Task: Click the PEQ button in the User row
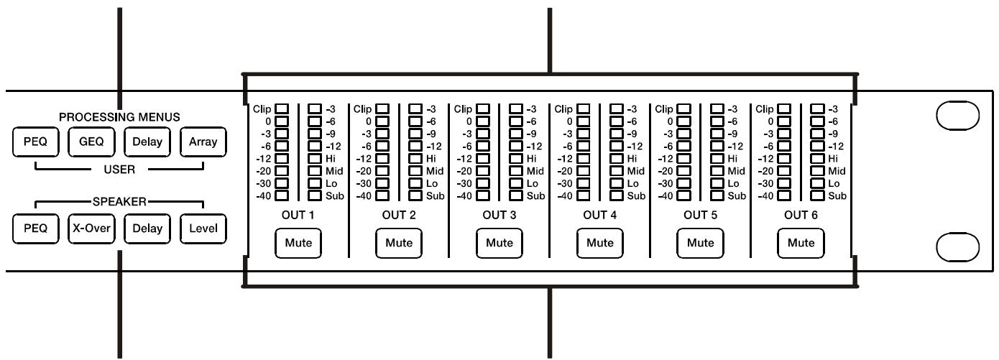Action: [x=31, y=142]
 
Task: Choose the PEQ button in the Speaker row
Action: [x=31, y=229]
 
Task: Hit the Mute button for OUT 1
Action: [x=298, y=243]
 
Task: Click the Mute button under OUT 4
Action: [x=600, y=243]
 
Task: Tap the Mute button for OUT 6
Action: [x=801, y=243]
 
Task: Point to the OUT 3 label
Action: [x=499, y=215]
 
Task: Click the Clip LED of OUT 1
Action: [x=281, y=109]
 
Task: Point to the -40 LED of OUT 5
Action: [x=683, y=195]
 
